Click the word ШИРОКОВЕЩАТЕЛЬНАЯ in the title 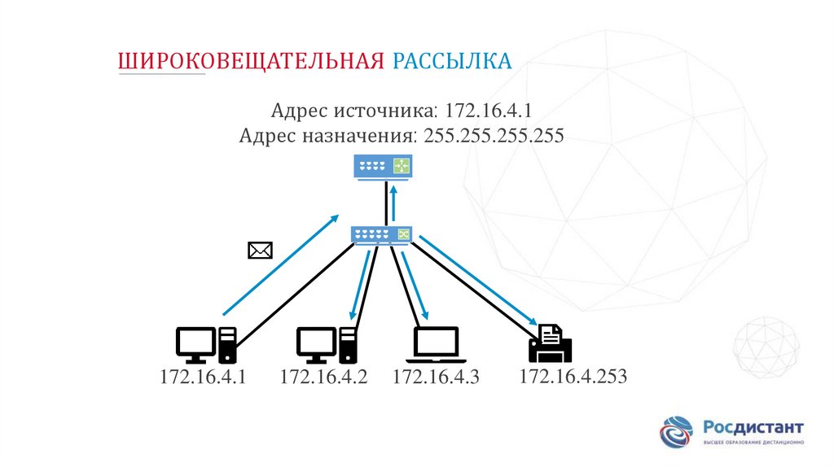(x=252, y=62)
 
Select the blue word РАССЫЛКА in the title (x=452, y=62)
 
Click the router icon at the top (x=383, y=167)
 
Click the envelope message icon (x=260, y=251)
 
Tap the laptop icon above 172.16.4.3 (x=437, y=345)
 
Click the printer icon (x=551, y=343)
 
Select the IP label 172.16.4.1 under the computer (x=203, y=377)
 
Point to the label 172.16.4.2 (x=324, y=377)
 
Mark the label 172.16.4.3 (x=437, y=377)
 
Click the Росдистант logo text (x=753, y=428)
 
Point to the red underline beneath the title (x=163, y=75)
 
